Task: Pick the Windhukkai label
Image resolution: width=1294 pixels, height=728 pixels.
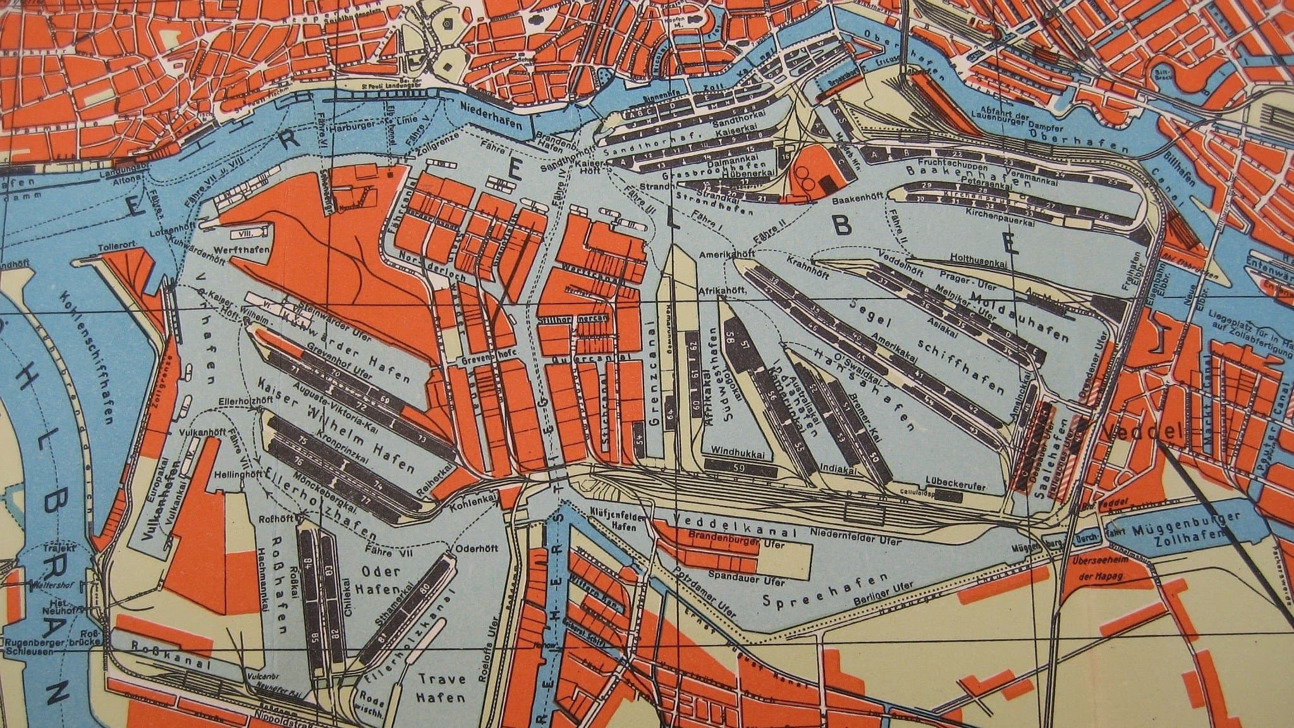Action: coord(738,453)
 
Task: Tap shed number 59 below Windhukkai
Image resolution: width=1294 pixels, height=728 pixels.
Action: coord(740,469)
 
